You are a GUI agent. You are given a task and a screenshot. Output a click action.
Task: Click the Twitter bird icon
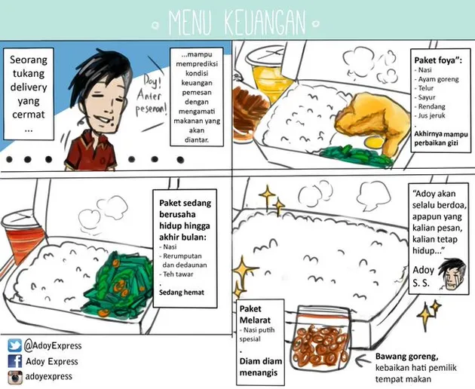pos(14,346)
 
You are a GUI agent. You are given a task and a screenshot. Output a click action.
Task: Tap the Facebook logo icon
pos(14,361)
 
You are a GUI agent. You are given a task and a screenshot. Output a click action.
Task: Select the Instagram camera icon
pos(15,377)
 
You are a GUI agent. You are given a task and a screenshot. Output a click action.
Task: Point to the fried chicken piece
pos(372,121)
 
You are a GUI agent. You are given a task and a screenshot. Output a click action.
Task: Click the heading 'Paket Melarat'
pos(255,314)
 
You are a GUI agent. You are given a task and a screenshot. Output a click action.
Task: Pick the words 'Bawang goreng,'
pos(407,357)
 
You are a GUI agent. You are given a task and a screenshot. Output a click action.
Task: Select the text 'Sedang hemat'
pos(182,293)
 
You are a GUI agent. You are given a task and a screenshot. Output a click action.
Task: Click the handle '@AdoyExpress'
pos(53,346)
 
